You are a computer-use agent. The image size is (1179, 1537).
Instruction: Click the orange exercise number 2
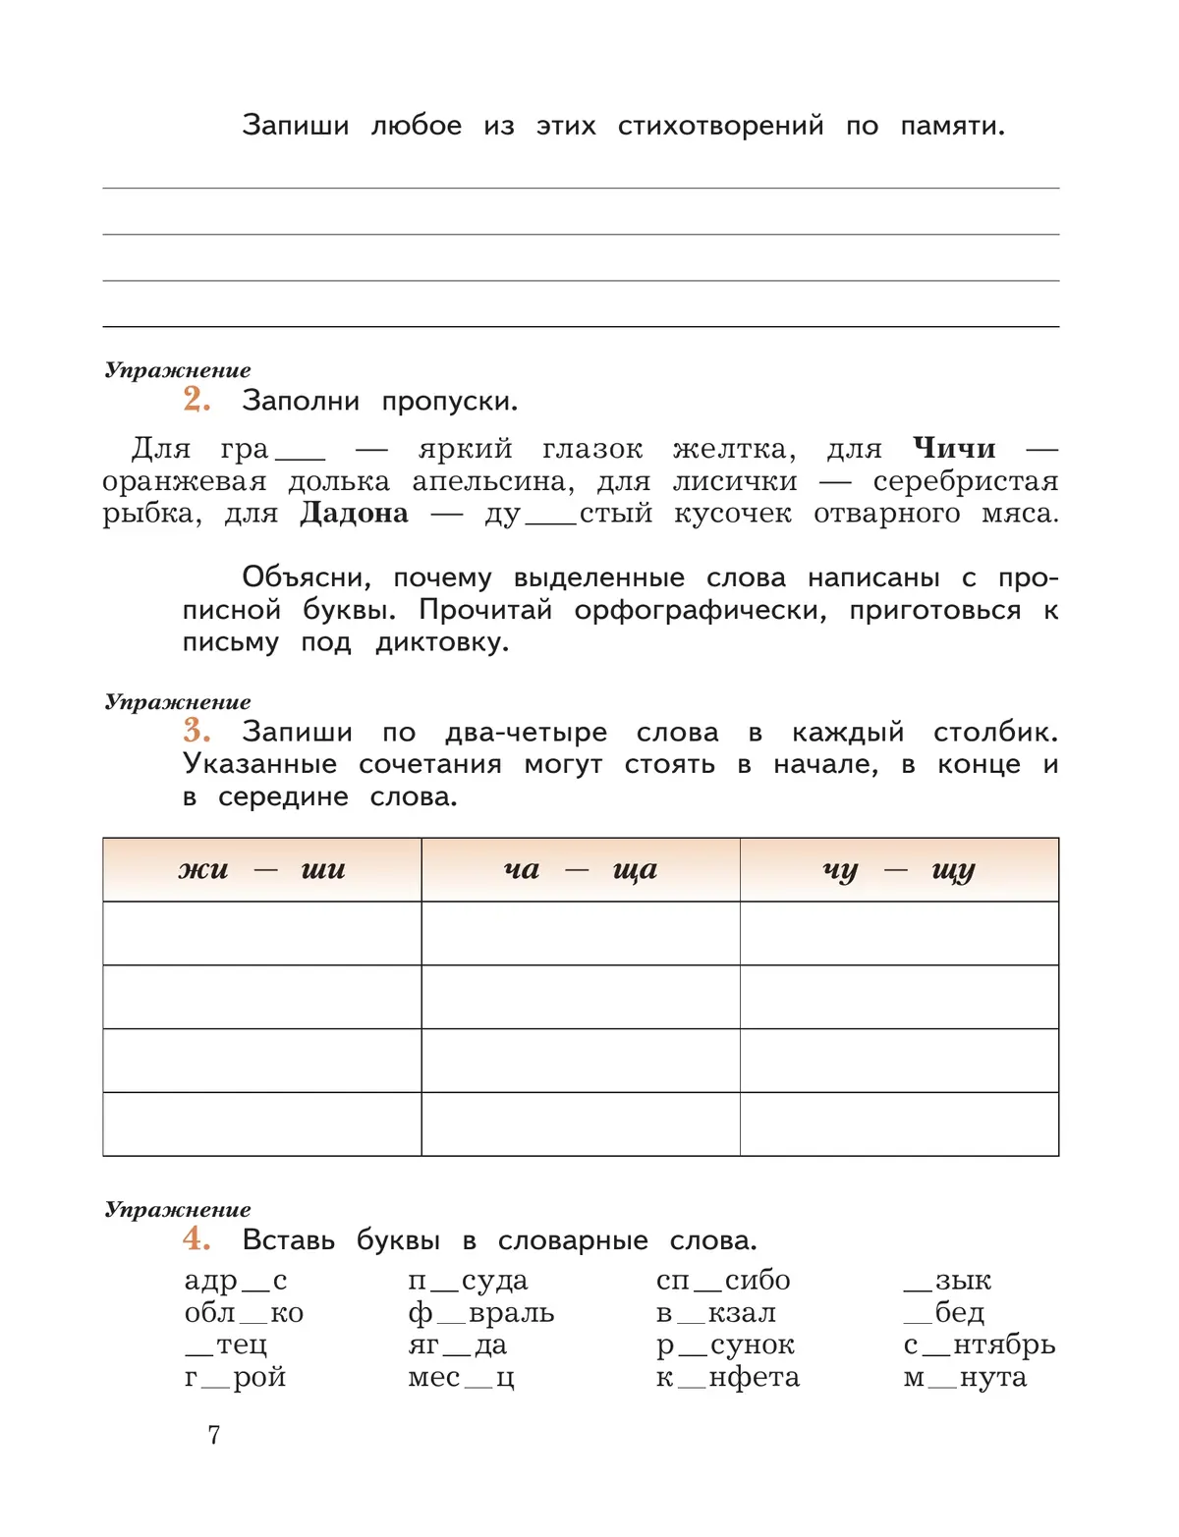point(196,399)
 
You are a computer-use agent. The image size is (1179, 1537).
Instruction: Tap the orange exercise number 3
point(196,730)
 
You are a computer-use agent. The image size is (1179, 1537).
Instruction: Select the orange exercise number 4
point(196,1238)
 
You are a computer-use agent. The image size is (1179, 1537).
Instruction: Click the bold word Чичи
point(953,449)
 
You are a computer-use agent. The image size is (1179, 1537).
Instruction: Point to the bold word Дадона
point(354,514)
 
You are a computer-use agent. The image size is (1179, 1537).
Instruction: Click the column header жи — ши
point(261,870)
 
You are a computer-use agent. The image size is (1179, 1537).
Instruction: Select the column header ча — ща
point(580,870)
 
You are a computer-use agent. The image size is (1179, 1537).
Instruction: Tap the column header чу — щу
point(898,870)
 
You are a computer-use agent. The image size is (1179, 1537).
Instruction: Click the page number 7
point(214,1435)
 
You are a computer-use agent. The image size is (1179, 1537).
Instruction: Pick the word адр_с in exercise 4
point(236,1281)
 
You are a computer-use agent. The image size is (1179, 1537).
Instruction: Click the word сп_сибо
point(723,1281)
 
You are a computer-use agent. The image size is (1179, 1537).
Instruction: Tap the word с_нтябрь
point(980,1345)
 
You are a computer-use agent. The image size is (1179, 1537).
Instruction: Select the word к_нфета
point(728,1377)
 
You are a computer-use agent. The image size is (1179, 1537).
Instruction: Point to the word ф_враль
point(481,1313)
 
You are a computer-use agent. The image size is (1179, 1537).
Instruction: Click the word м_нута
point(965,1377)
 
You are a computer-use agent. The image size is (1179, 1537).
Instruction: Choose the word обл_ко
point(244,1313)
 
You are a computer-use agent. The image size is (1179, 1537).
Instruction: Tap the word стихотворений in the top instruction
point(720,126)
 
